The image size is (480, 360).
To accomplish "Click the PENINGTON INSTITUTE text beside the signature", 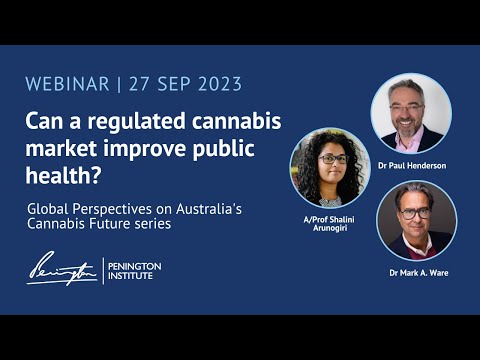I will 135,271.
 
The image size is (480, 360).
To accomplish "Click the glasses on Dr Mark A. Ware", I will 416,212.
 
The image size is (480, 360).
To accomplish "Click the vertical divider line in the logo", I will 104,270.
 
